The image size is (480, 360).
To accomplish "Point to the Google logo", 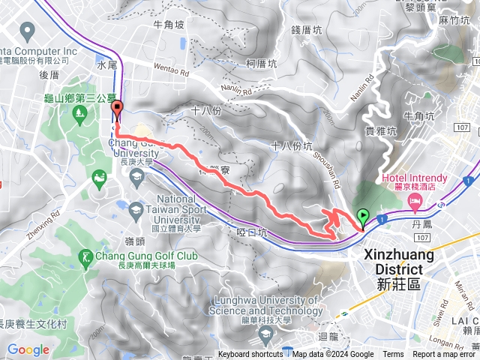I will tap(28, 350).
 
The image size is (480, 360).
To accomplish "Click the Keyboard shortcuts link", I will tap(250, 355).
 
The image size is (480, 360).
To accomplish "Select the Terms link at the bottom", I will tap(393, 355).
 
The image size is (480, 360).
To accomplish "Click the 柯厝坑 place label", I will tap(260, 64).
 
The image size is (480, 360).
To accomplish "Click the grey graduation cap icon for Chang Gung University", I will tap(136, 178).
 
